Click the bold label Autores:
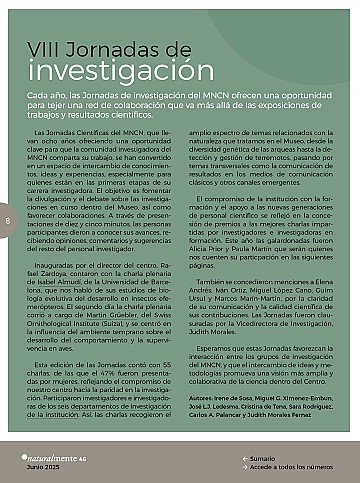click(200, 397)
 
